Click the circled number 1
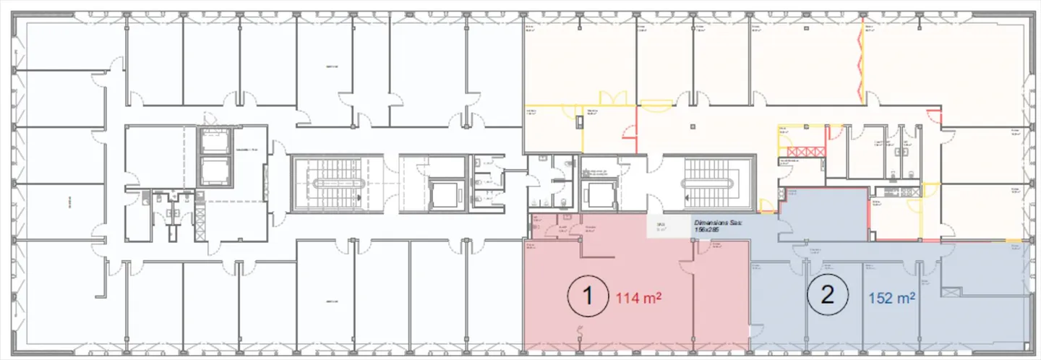click(586, 298)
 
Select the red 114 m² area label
click(639, 297)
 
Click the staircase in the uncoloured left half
click(336, 184)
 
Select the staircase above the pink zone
click(708, 184)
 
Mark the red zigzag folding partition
click(860, 61)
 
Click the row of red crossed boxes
click(806, 151)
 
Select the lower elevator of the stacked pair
click(213, 172)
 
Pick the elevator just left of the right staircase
click(599, 194)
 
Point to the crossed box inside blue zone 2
click(950, 291)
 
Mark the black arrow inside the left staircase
click(359, 196)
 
